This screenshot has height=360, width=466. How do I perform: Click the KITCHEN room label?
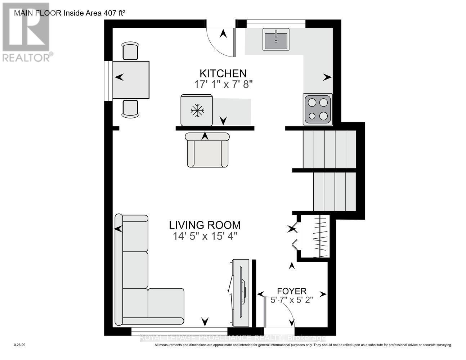point(223,73)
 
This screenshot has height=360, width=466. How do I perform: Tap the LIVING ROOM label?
point(205,225)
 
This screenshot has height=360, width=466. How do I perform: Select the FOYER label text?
point(292,291)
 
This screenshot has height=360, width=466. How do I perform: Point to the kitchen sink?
point(276,39)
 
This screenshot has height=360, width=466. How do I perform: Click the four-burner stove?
point(318,109)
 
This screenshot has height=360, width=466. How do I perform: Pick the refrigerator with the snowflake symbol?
point(197,111)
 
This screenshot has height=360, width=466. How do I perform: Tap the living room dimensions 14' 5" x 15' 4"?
point(205,237)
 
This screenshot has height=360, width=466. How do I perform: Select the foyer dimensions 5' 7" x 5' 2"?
point(292,300)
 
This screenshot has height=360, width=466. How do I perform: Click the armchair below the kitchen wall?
point(207,150)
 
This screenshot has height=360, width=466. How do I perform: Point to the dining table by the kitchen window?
point(131,80)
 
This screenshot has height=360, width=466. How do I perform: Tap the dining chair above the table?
point(130,51)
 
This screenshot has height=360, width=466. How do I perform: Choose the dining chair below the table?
point(130,109)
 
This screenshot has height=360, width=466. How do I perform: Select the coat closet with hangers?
point(314,237)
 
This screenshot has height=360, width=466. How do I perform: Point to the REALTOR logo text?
point(27,58)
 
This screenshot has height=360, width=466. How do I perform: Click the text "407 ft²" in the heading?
point(115,13)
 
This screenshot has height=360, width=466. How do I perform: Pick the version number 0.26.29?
point(20,345)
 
